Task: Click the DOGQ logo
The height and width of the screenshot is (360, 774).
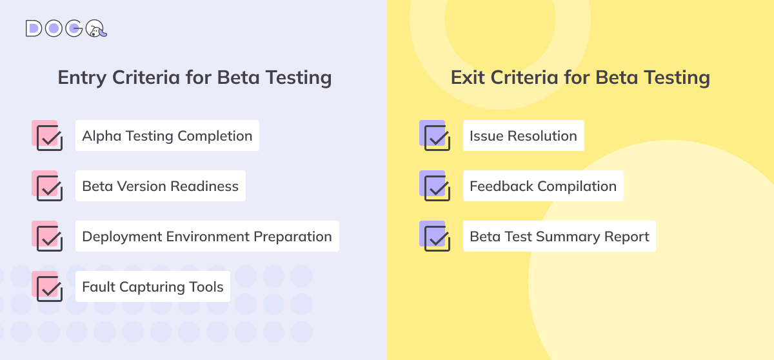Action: tap(66, 28)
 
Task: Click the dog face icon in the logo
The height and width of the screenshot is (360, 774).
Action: tap(96, 29)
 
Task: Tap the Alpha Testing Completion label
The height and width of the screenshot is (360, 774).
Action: tap(167, 135)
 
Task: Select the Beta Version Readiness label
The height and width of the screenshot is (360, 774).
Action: tap(160, 186)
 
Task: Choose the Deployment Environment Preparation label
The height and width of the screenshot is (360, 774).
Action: tap(207, 236)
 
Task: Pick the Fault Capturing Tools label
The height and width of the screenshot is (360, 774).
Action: tap(153, 286)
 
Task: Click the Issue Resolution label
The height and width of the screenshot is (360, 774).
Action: tap(523, 135)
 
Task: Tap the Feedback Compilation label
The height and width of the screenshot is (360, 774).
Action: tap(543, 186)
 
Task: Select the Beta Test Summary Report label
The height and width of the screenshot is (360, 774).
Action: tap(559, 236)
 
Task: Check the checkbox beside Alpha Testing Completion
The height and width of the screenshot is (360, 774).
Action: tap(49, 137)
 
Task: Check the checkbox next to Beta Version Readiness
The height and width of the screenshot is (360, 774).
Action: tap(49, 188)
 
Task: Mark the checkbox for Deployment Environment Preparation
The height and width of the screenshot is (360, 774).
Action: tap(49, 238)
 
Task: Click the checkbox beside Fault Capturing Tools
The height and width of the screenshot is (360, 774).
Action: tap(49, 288)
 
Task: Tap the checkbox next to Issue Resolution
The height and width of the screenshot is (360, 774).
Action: tap(437, 137)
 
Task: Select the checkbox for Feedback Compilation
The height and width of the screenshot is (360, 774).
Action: tap(437, 188)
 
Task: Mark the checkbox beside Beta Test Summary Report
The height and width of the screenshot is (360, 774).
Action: tap(437, 238)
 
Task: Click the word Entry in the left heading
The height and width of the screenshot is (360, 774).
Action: tap(83, 77)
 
